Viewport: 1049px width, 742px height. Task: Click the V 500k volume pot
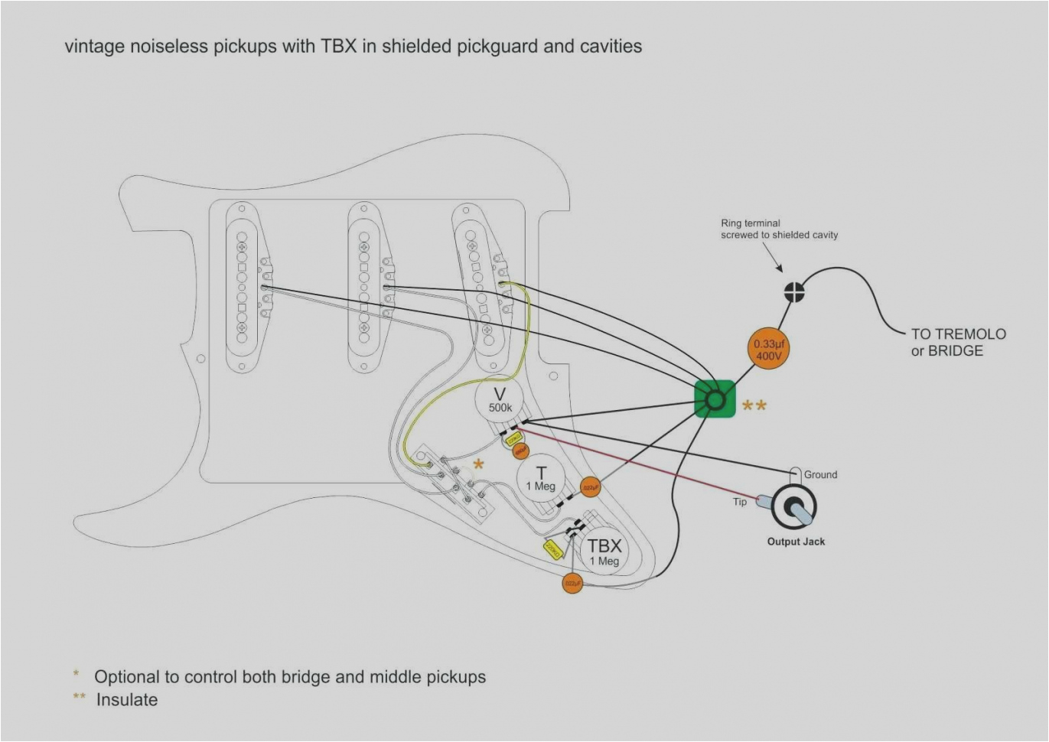(x=500, y=400)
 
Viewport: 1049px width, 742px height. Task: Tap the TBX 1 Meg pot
(x=604, y=551)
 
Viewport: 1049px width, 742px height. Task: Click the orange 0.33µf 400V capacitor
(x=768, y=350)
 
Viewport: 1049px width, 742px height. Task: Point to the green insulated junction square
(x=715, y=399)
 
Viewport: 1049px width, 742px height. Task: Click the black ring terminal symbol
(x=794, y=291)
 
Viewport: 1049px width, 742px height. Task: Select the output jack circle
(x=794, y=506)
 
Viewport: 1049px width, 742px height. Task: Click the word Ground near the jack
(x=820, y=474)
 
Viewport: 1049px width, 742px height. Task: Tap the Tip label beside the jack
(x=739, y=502)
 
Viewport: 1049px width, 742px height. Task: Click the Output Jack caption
(x=796, y=542)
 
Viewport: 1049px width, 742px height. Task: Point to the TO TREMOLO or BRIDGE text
(x=957, y=342)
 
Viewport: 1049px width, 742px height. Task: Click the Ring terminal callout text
(x=778, y=229)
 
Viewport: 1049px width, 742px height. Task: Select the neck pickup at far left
(x=242, y=288)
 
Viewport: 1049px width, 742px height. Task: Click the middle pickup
(x=364, y=288)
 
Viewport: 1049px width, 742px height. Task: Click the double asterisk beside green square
(x=754, y=405)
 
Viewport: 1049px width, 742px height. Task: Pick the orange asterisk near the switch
(x=478, y=464)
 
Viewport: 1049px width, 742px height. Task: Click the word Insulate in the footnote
(x=127, y=700)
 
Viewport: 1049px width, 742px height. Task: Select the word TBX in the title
(x=338, y=46)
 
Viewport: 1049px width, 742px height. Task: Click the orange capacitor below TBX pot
(x=572, y=584)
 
